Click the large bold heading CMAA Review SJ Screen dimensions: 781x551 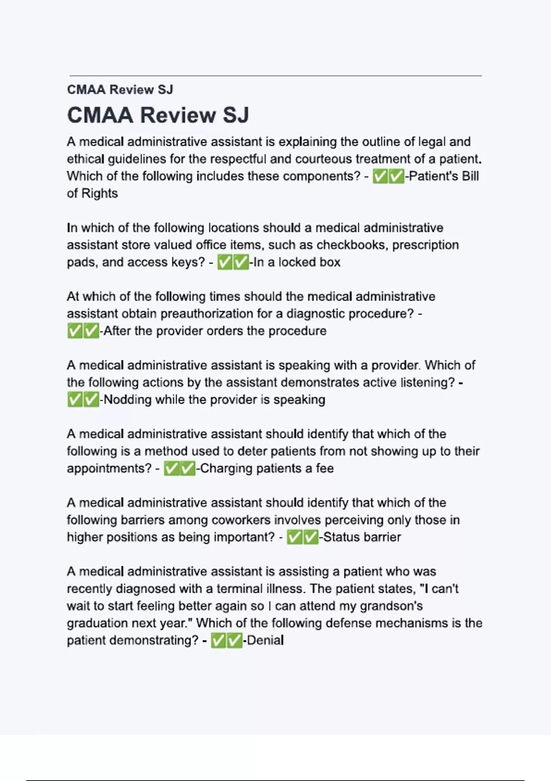pyautogui.click(x=158, y=115)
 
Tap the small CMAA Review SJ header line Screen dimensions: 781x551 pyautogui.click(x=120, y=90)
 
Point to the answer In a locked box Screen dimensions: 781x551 pyautogui.click(x=297, y=262)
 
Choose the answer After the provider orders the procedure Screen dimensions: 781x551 pyautogui.click(x=215, y=331)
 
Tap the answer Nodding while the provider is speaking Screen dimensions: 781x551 pyautogui.click(x=214, y=400)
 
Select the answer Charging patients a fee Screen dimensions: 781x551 pyautogui.click(x=267, y=469)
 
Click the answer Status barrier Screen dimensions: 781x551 pyautogui.click(x=362, y=537)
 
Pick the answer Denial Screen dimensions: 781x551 pyautogui.click(x=265, y=640)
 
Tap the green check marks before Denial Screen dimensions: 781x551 pyautogui.click(x=226, y=640)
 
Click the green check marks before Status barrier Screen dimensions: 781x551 pyautogui.click(x=302, y=537)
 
